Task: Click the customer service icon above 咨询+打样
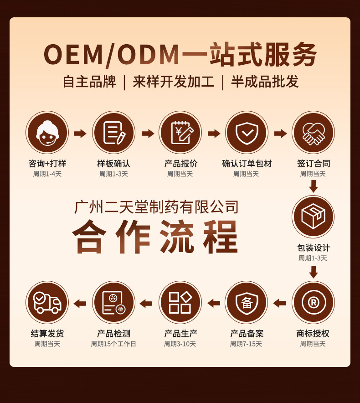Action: (x=47, y=133)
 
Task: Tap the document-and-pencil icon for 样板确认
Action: (x=113, y=133)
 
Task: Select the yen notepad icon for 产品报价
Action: (x=180, y=133)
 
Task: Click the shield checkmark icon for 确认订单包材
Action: (x=247, y=133)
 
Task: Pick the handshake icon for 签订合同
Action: (x=313, y=133)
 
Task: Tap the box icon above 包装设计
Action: (x=313, y=217)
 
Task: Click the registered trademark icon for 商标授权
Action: (x=313, y=302)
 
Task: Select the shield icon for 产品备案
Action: (x=247, y=302)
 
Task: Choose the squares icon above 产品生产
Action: (x=180, y=302)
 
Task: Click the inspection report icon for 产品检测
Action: (x=113, y=302)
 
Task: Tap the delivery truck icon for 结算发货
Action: (x=47, y=302)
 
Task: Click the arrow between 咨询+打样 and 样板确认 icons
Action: (x=80, y=133)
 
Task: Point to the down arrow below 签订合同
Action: (x=313, y=186)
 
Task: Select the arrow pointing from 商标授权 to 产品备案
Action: (x=279, y=303)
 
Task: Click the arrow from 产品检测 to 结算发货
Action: (x=80, y=303)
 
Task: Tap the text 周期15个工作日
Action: (x=113, y=344)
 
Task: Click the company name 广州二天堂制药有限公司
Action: (x=156, y=207)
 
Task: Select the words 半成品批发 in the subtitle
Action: (x=265, y=82)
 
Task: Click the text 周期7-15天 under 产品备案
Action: (x=246, y=344)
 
